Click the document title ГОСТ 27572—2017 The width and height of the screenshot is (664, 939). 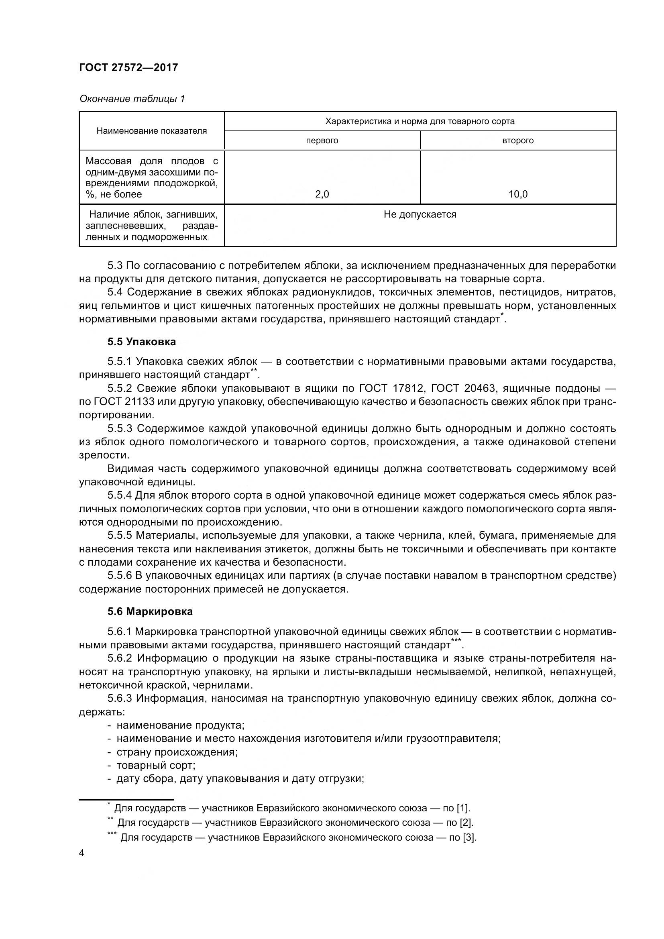tap(128, 67)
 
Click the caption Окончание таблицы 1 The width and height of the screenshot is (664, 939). tap(132, 99)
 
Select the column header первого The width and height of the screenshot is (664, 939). tap(322, 141)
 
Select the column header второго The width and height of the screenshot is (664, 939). tap(517, 141)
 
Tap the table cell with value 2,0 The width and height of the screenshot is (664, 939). tap(322, 194)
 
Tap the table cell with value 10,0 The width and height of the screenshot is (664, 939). tap(517, 194)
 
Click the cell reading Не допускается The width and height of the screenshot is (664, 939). tap(420, 214)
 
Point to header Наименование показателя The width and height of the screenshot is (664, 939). tap(151, 131)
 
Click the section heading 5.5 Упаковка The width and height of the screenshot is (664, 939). tap(141, 342)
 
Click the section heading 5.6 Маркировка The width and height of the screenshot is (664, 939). tap(150, 611)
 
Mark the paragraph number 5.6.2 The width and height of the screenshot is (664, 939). tap(120, 658)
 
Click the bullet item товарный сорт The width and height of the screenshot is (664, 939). tap(156, 765)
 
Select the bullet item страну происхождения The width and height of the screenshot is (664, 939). tap(177, 752)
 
